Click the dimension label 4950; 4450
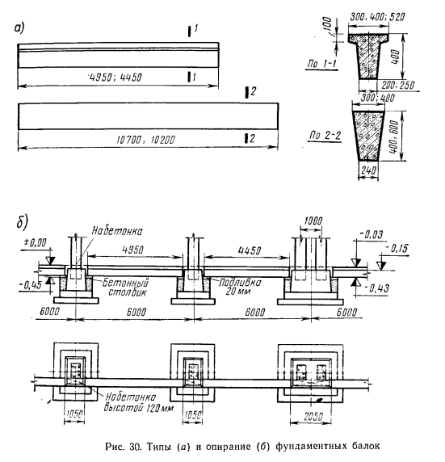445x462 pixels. tap(116, 78)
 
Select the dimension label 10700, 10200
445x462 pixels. tap(146, 140)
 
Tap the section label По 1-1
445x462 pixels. tap(321, 64)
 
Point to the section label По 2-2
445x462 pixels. tap(325, 135)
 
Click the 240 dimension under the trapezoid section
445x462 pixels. tap(368, 170)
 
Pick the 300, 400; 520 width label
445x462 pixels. tap(377, 17)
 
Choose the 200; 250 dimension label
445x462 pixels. tap(398, 85)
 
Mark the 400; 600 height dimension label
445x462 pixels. tap(394, 136)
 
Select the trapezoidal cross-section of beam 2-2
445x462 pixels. tap(368, 136)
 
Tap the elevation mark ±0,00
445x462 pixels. tap(36, 243)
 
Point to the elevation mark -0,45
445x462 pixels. tap(31, 285)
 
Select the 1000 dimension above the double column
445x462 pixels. tap(313, 220)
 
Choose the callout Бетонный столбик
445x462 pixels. tap(125, 288)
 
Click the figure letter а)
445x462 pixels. tap(19, 28)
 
